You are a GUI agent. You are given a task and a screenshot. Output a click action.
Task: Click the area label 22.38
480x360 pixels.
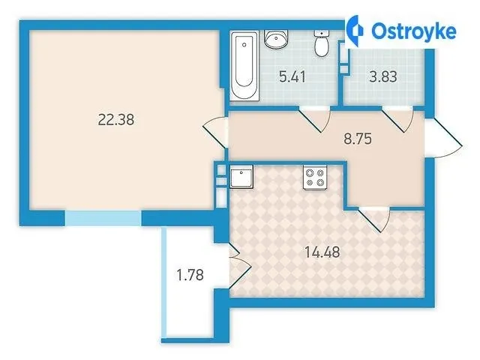point(116,120)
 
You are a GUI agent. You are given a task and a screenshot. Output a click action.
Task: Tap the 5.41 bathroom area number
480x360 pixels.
point(292,76)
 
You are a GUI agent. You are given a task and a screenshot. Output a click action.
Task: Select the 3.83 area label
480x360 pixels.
point(383,76)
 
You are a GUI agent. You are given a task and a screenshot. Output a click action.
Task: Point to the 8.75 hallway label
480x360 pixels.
point(358,138)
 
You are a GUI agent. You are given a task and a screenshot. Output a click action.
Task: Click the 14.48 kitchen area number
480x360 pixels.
point(322,252)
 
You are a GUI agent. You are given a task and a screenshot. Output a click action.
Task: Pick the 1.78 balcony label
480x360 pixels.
point(190,274)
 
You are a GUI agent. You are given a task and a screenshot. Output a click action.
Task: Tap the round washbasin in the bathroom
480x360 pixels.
point(276,38)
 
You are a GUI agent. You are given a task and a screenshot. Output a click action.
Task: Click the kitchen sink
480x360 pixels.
point(241,176)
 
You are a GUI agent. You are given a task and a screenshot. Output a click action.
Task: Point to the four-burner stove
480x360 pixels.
point(315,177)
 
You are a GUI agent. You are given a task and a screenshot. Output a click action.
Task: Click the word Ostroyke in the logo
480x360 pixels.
point(414,31)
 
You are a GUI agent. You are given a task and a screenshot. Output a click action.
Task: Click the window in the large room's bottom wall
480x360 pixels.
point(103,218)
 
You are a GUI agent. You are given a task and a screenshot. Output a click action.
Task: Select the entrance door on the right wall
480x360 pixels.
point(444,137)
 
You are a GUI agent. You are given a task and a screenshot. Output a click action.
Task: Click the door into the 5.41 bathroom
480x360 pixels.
point(315,119)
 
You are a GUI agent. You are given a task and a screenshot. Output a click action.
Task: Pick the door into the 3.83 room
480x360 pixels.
point(398,119)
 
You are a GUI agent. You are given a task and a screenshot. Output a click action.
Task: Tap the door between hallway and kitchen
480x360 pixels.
point(374,219)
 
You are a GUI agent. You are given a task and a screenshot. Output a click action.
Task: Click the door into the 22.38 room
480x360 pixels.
point(216,132)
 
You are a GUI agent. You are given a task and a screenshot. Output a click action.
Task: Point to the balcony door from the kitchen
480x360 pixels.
point(240,266)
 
